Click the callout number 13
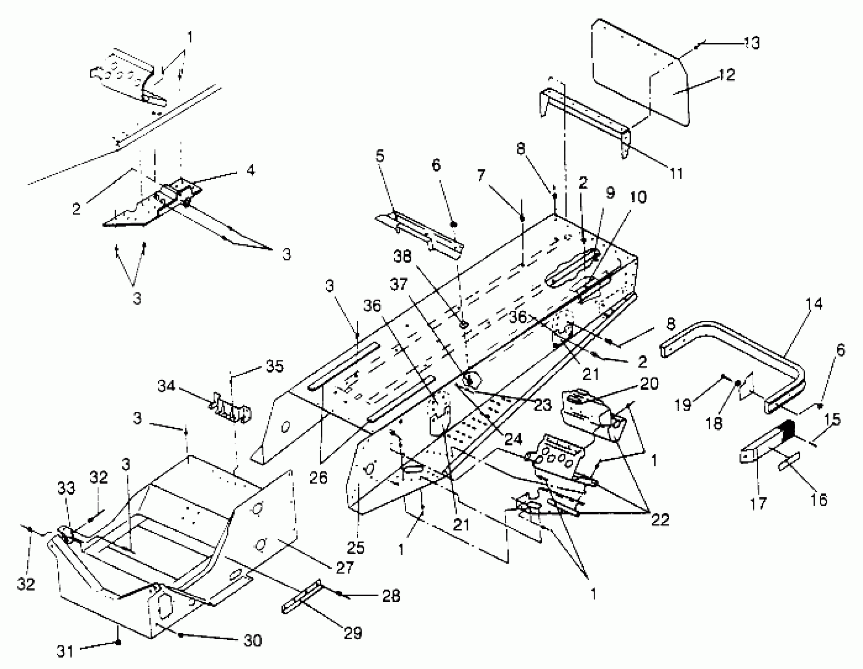pos(752,43)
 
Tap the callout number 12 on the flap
pos(726,75)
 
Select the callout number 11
pos(676,173)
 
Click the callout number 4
pos(250,171)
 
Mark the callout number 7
pos(481,175)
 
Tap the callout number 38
pos(402,257)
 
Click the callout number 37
pos(398,284)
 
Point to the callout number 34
pos(167,386)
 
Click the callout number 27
pos(344,568)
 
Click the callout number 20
pos(648,383)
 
